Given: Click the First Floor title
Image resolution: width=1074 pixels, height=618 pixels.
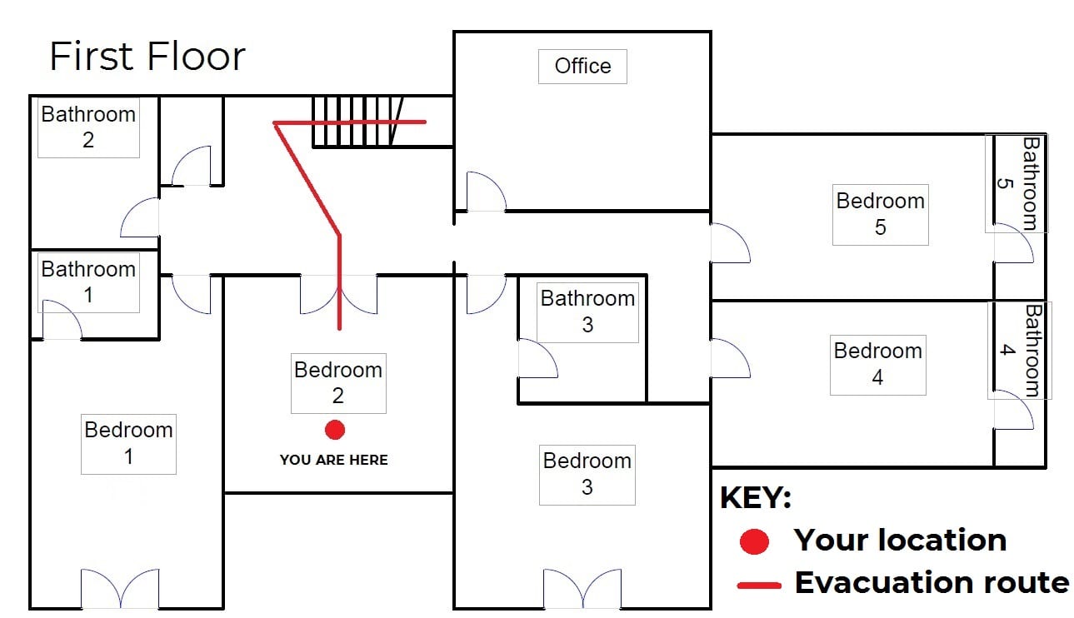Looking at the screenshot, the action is [x=147, y=56].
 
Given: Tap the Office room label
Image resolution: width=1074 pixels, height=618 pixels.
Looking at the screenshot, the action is [x=582, y=66].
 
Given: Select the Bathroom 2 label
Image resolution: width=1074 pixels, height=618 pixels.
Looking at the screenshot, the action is [x=88, y=127].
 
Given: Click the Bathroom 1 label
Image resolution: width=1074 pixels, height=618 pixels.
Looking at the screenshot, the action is [x=88, y=282].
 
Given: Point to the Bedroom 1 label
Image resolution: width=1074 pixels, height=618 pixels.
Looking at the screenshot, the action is [x=128, y=443].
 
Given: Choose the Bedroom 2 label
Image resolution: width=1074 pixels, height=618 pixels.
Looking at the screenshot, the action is [x=338, y=382].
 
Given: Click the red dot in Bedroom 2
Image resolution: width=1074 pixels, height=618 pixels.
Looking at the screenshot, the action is [x=335, y=430].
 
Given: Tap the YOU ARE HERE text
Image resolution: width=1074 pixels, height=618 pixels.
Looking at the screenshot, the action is [x=334, y=460].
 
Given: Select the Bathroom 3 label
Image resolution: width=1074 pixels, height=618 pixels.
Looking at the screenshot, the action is [x=587, y=311].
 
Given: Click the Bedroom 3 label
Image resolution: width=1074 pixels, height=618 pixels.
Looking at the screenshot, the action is [x=587, y=474].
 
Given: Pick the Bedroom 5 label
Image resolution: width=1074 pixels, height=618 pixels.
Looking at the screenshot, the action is [x=881, y=214].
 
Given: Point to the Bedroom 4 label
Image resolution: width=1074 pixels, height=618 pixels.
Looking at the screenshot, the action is [x=878, y=364].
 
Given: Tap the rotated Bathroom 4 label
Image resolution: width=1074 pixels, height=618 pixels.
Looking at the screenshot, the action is [x=1021, y=351].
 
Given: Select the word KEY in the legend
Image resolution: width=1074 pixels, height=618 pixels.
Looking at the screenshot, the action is [x=755, y=498].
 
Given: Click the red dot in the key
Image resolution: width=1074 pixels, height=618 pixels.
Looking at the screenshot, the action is [x=754, y=541].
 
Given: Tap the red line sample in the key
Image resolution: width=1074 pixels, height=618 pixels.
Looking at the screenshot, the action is [x=759, y=585].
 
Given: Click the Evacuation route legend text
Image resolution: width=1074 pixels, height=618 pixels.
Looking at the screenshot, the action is [x=932, y=582].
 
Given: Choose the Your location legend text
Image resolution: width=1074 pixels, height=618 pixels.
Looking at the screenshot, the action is [x=900, y=541].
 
